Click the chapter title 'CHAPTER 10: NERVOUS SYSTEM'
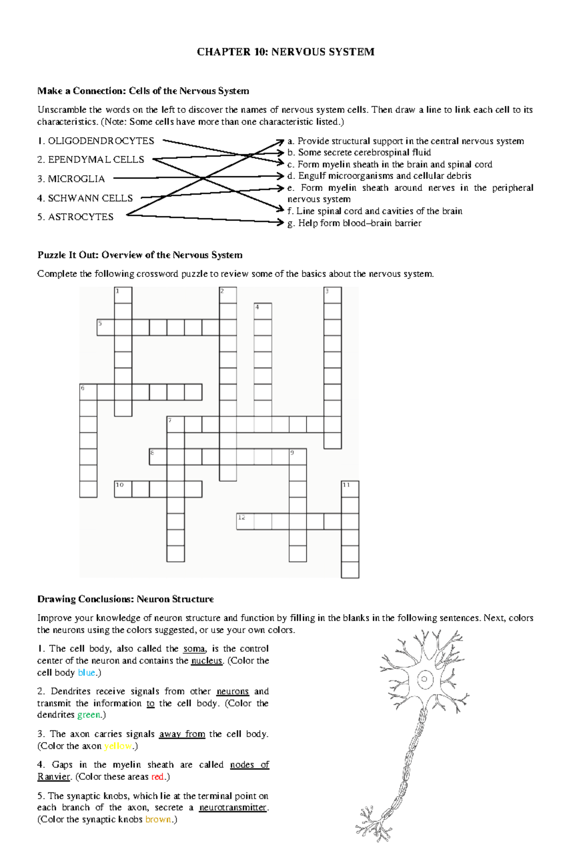285,52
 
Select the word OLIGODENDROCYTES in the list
101,141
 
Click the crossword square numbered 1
123,295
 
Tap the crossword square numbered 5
105,327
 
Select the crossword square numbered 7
175,424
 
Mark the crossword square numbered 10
123,489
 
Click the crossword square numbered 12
245,521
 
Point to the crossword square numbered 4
263,311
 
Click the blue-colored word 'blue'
86,672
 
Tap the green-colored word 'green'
89,715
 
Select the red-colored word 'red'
157,777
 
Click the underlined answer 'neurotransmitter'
233,807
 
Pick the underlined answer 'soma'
194,649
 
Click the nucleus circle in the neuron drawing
424,679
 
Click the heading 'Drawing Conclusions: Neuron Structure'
125,599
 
